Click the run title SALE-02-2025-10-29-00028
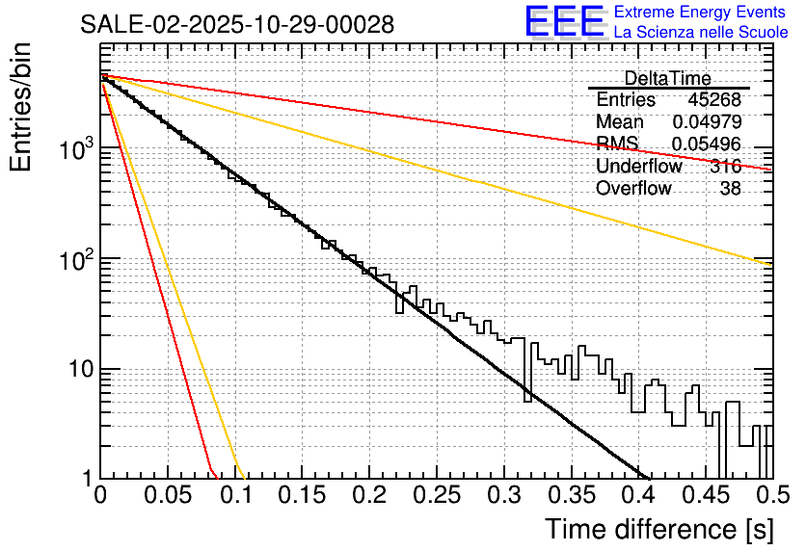[x=237, y=25]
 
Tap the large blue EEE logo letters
[x=565, y=21]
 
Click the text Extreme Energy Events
[x=700, y=13]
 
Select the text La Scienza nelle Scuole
[x=701, y=32]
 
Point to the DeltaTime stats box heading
[x=668, y=78]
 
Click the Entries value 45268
[x=714, y=100]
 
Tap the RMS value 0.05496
[x=707, y=144]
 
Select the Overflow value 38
[x=731, y=189]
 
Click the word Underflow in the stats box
[x=639, y=167]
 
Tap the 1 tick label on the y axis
[x=86, y=479]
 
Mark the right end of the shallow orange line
[x=771, y=265]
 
